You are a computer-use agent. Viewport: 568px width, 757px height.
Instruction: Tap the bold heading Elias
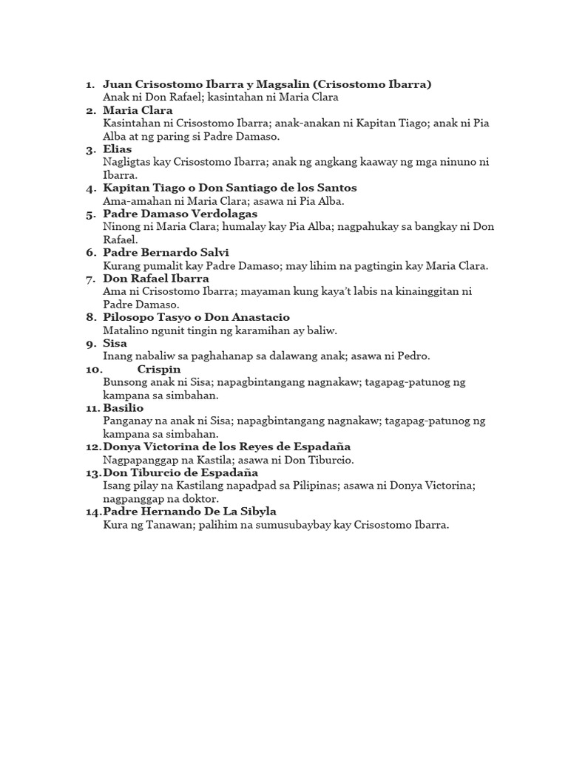(x=118, y=149)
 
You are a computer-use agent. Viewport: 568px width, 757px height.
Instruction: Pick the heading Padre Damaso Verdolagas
(x=180, y=214)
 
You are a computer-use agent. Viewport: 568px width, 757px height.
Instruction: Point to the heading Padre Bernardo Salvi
(x=166, y=252)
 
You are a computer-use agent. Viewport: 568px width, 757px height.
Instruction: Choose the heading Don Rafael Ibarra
(x=156, y=279)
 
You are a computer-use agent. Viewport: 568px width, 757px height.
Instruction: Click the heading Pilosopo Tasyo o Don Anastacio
(x=196, y=317)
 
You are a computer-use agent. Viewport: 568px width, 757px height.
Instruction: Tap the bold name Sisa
(x=115, y=343)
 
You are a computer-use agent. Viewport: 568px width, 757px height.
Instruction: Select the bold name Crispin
(x=159, y=369)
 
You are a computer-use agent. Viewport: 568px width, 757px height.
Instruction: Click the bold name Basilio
(x=124, y=407)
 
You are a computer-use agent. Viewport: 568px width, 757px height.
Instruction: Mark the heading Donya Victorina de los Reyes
(x=227, y=447)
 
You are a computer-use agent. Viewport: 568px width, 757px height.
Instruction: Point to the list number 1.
(x=89, y=84)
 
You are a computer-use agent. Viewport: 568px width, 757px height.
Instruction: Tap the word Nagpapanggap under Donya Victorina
(x=141, y=460)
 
